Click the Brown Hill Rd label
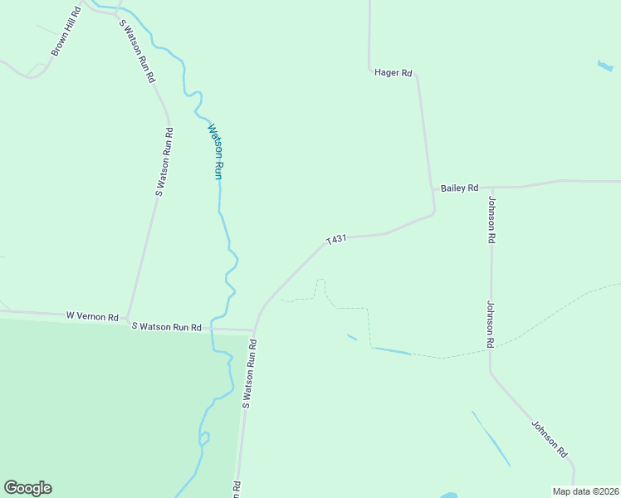(66, 32)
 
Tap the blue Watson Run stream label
(216, 152)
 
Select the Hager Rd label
(394, 73)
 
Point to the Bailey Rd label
(459, 188)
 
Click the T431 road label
(335, 240)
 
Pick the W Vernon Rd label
(93, 316)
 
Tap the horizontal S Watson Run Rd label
(167, 327)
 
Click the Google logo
(27, 488)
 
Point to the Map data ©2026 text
(585, 491)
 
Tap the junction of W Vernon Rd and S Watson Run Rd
(126, 315)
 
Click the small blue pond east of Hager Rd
(605, 65)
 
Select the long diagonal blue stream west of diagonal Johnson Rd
(491, 437)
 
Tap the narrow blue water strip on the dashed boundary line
(392, 351)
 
